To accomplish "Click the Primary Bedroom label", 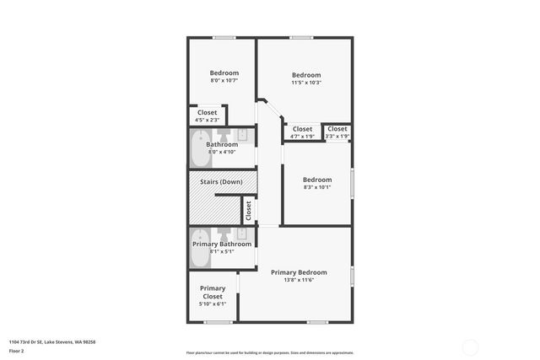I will [299, 272].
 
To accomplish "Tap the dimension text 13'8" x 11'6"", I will [299, 281].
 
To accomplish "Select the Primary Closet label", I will [213, 292].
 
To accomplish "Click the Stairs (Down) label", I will [221, 182].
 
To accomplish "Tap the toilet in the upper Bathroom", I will [224, 134].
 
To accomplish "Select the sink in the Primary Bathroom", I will [243, 232].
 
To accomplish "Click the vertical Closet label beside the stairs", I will [249, 210].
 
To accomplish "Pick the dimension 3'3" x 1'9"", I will [337, 136].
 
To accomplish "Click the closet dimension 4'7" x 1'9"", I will [302, 136].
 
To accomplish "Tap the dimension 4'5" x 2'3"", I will [207, 120].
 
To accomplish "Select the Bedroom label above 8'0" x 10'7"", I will [224, 73].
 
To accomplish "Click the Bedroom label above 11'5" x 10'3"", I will [305, 75].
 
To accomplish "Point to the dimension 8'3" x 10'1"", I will [317, 187].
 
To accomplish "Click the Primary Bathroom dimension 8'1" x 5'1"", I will [222, 251].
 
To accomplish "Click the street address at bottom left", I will [51, 341].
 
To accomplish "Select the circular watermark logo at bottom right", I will [470, 346].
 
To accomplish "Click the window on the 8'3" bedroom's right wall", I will [352, 185].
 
